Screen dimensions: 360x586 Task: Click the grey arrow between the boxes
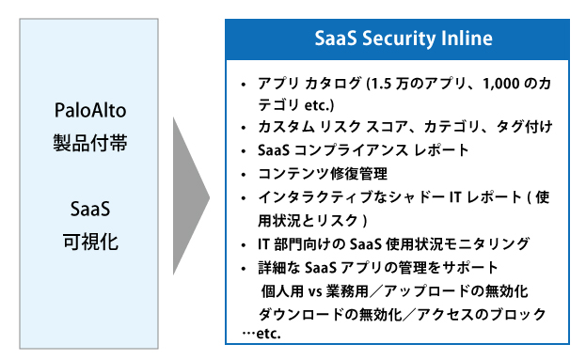coord(189,196)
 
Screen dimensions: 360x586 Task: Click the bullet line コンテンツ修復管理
coord(321,173)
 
